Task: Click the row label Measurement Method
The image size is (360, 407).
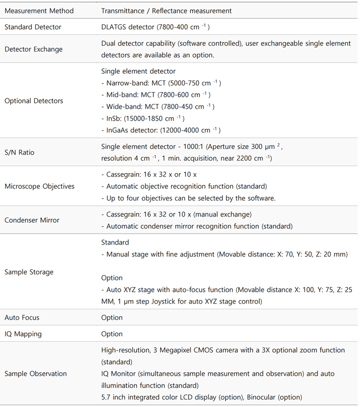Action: pos(39,11)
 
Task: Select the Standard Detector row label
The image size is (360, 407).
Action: pos(33,27)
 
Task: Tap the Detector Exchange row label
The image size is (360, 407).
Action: pos(34,50)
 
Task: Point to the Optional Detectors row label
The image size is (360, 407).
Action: pos(34,101)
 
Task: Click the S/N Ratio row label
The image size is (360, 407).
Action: pos(20,153)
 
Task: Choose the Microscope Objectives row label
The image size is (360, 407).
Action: pos(39,186)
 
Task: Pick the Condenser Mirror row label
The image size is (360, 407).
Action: pos(32,220)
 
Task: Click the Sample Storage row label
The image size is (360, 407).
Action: pos(29,272)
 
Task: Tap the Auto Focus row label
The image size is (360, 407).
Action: pos(22,317)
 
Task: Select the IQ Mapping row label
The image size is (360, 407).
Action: pos(23,334)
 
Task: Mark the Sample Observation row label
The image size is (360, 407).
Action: pos(36,374)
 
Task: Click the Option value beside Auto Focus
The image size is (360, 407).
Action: pos(112,317)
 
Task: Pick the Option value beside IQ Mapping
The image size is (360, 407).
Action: pos(112,334)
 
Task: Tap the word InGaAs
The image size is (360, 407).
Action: pos(119,130)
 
